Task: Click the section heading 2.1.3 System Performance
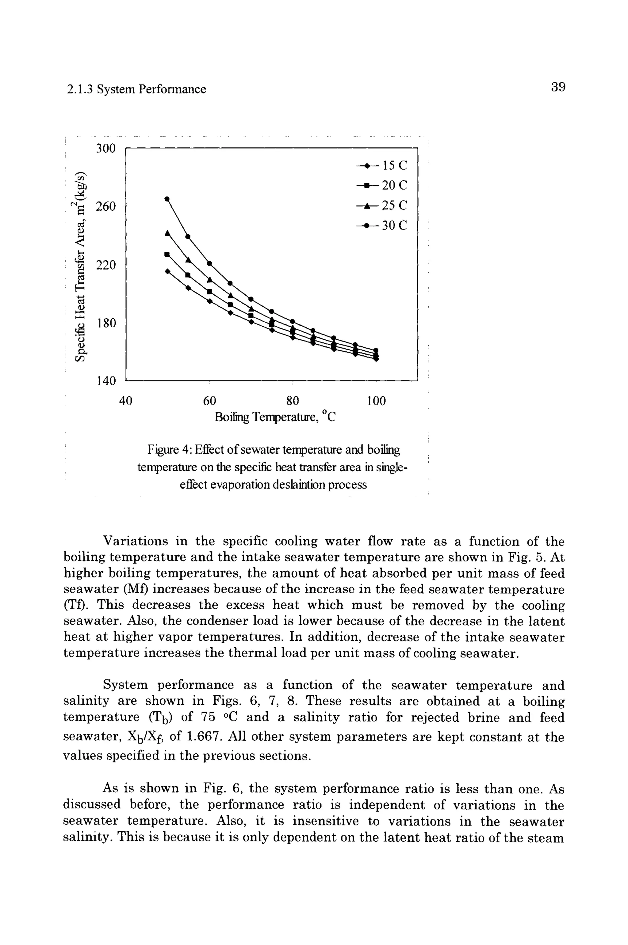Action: click(x=136, y=89)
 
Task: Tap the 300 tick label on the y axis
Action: click(x=106, y=149)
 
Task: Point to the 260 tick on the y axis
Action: click(x=106, y=206)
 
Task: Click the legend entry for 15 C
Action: click(x=382, y=165)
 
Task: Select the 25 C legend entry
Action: click(x=382, y=205)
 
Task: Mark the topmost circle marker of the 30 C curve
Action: click(x=167, y=198)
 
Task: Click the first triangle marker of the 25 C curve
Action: click(x=167, y=233)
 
